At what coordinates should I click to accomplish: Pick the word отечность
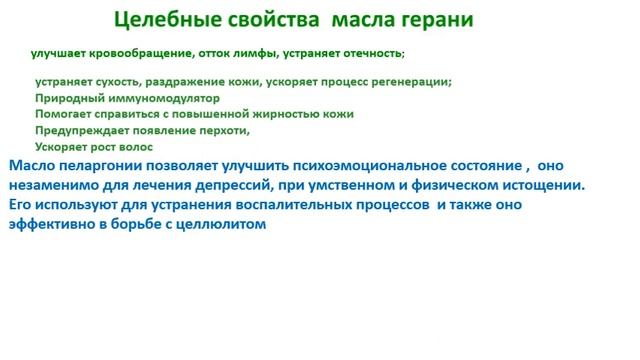[x=365, y=52]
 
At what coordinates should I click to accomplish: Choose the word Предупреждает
[x=81, y=130]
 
